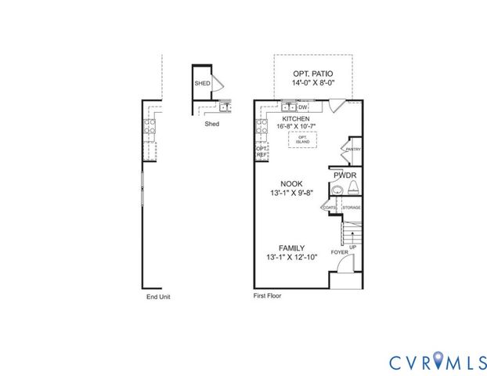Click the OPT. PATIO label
pos(312,73)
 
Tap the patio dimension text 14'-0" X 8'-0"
pos(312,83)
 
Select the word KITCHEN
pos(295,118)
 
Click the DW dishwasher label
pos(302,107)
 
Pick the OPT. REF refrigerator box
pos(262,152)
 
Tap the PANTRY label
pos(352,148)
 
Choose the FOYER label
pos(340,252)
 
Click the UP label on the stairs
pos(352,247)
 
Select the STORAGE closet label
pos(352,208)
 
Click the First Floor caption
pos(267,297)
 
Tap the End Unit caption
pos(158,297)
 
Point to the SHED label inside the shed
pos(202,82)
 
